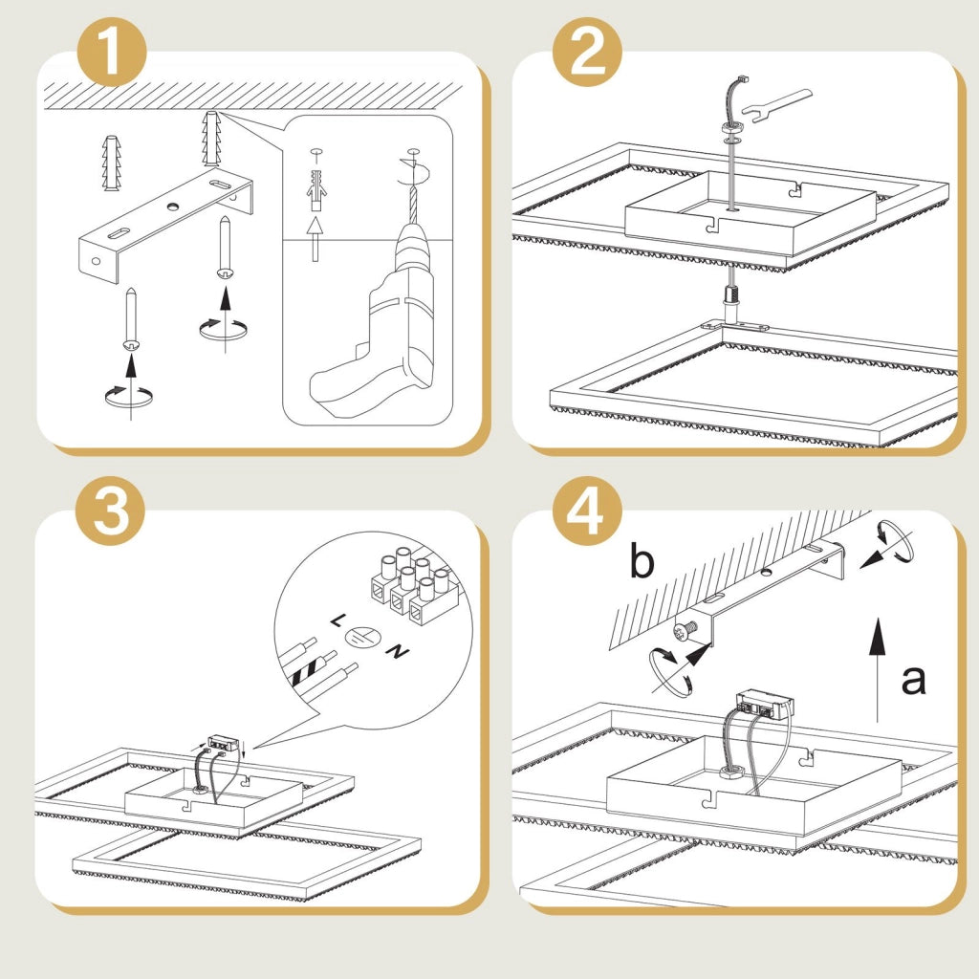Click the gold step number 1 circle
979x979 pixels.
pyautogui.click(x=112, y=52)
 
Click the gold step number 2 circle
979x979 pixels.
pyautogui.click(x=587, y=52)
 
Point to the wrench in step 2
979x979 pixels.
pyautogui.click(x=777, y=105)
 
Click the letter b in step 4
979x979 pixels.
pyautogui.click(x=642, y=560)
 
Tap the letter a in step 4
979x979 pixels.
pyautogui.click(x=913, y=680)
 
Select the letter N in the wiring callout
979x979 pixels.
pyautogui.click(x=397, y=652)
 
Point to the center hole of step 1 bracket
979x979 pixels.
pyautogui.click(x=172, y=206)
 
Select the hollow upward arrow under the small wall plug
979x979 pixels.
pyautogui.click(x=315, y=238)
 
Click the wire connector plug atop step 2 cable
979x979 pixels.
pyautogui.click(x=742, y=79)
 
